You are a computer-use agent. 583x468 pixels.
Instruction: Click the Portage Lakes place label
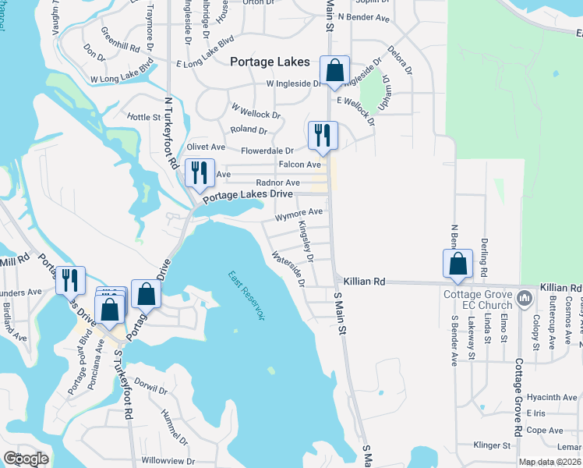270,62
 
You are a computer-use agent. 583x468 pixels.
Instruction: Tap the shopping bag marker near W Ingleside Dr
334,70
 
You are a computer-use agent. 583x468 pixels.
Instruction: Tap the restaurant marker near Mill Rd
71,280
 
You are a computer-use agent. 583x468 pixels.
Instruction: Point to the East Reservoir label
246,296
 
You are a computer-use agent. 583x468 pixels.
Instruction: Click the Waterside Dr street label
288,268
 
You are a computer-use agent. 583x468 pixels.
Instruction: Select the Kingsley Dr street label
305,241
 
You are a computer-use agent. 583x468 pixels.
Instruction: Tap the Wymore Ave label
299,212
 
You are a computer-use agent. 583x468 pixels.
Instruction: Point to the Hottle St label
143,117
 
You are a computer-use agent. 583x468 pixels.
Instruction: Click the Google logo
26,459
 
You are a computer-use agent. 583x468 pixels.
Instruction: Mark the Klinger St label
492,445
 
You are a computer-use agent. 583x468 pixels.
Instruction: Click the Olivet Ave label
207,147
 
